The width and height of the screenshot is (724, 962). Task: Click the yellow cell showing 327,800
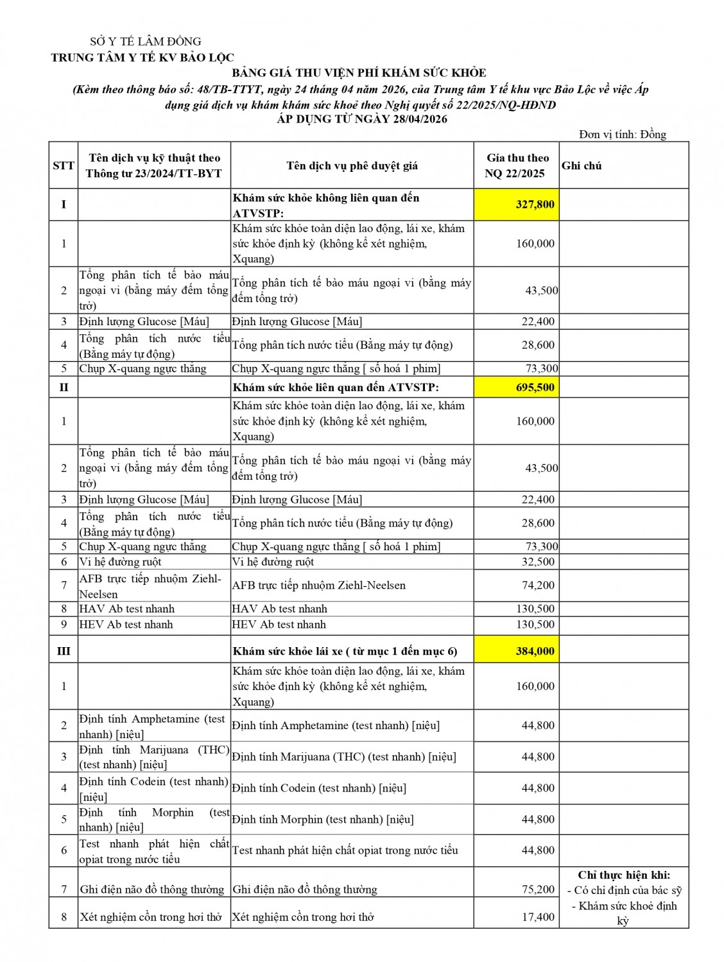(517, 205)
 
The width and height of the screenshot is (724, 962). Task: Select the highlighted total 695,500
(517, 387)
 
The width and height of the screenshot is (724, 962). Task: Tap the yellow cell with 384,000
(517, 651)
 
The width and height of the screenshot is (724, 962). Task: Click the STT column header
(64, 165)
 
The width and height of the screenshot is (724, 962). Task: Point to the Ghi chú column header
(582, 165)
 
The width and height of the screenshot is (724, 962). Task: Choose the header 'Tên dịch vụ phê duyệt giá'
(352, 165)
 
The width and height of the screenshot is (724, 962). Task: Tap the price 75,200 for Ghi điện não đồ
(538, 889)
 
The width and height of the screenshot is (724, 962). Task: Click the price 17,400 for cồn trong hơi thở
(538, 917)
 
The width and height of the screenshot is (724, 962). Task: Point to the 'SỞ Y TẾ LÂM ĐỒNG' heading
(146, 42)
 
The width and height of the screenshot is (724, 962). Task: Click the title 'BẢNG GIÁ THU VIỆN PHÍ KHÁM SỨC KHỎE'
(359, 73)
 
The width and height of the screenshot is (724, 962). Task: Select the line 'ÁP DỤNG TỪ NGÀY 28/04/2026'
(362, 119)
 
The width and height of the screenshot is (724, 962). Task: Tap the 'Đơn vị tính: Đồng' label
(622, 134)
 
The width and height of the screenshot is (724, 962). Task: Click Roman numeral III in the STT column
(64, 651)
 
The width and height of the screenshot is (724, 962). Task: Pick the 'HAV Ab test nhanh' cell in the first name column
(126, 609)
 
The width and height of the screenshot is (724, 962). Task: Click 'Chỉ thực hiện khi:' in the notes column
(623, 875)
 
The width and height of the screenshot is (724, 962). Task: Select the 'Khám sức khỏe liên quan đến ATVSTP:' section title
(336, 387)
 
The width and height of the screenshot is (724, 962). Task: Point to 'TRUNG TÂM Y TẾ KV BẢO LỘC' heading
(142, 58)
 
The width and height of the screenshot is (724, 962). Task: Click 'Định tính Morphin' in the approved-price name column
(323, 820)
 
